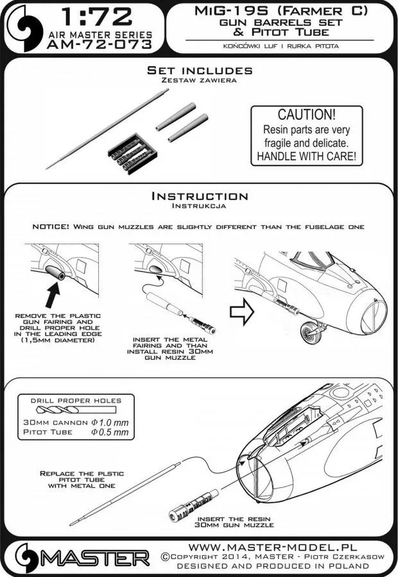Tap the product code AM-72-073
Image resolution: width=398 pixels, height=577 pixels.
(99, 44)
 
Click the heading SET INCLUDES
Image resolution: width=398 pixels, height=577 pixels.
(200, 70)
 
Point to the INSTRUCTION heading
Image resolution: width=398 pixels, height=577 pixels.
(200, 196)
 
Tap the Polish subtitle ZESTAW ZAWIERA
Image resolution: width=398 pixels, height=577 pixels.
(199, 81)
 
